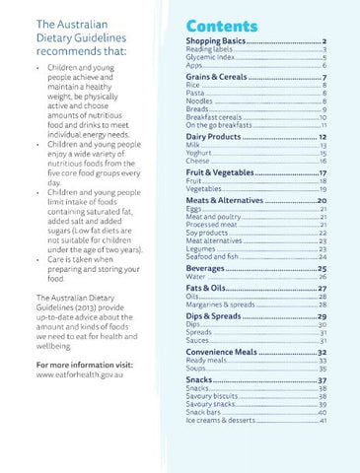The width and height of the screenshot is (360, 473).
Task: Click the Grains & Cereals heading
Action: pos(218,76)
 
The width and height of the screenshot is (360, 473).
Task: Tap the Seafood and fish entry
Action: pos(211,255)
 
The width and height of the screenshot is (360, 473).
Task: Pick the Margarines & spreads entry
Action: pos(220,304)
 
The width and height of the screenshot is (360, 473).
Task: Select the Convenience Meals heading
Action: pos(224,351)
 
